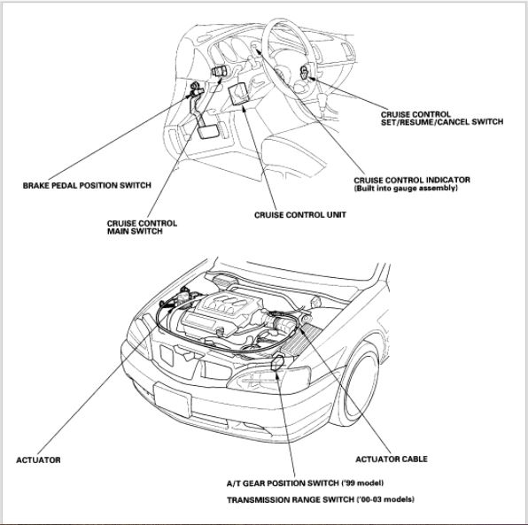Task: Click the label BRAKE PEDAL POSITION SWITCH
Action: pyautogui.click(x=87, y=185)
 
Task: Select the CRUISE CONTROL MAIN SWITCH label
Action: pyautogui.click(x=141, y=228)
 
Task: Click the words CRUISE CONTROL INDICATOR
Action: pyautogui.click(x=412, y=180)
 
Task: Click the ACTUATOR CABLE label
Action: pyautogui.click(x=392, y=459)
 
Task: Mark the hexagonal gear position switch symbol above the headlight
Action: pyautogui.click(x=280, y=360)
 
